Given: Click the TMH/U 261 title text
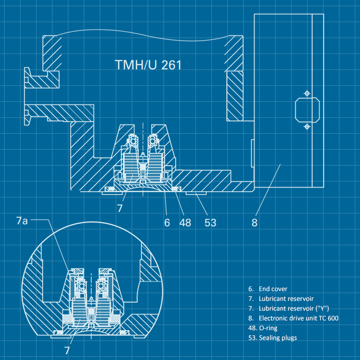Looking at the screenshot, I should click(x=148, y=65).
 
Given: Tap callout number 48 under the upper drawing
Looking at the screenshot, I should click(x=185, y=223).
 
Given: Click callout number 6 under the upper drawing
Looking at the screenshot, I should click(x=167, y=223).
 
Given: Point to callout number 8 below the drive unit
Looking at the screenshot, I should click(x=254, y=223).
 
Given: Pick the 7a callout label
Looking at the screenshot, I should click(x=23, y=221).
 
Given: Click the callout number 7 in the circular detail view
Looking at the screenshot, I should click(x=67, y=350).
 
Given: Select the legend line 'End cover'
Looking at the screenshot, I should click(x=267, y=289).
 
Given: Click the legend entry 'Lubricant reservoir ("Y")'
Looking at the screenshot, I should click(x=288, y=309).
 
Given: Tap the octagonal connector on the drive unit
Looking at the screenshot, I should click(x=307, y=110).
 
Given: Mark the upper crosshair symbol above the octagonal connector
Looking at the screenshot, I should click(x=307, y=93).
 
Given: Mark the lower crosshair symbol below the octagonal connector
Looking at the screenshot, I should click(x=307, y=127).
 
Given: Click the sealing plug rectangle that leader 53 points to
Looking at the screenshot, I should click(x=195, y=194).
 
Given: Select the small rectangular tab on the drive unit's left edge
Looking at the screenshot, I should click(x=252, y=153).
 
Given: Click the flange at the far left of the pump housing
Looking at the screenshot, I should click(x=29, y=98).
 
